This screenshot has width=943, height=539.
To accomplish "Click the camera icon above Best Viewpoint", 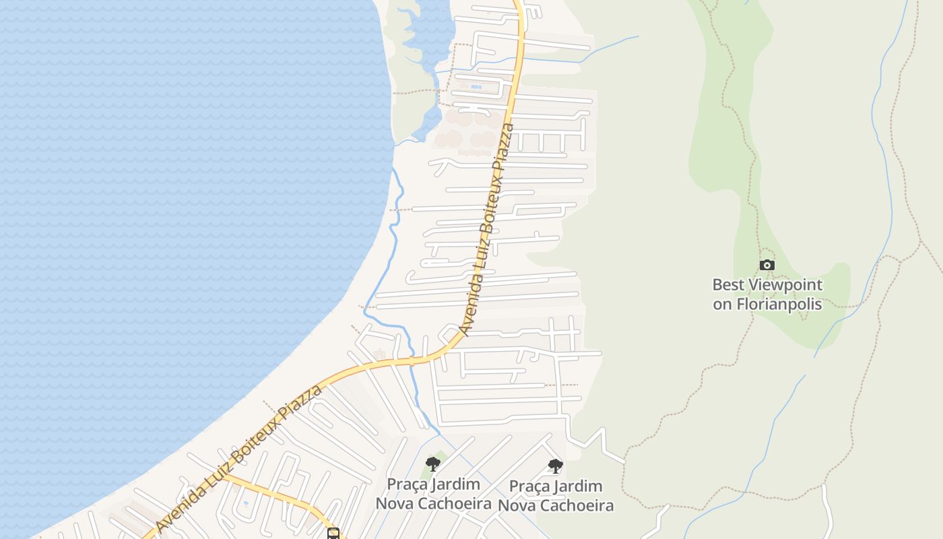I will point(767,265).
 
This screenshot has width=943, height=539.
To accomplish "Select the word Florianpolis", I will point(779,304).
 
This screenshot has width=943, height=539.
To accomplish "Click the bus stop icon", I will point(333,534).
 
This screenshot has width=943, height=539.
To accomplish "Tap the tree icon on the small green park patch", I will point(433,464).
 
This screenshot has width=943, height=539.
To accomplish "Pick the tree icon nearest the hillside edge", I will point(555,466).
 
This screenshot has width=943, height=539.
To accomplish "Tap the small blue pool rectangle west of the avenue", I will point(476,87).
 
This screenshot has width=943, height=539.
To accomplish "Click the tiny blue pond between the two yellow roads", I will point(245,503).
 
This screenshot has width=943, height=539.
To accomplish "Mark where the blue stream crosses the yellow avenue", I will point(412,360).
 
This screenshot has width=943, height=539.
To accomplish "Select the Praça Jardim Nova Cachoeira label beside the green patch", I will point(433,493).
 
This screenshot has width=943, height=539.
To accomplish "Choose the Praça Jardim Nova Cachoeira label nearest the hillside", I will point(556,495).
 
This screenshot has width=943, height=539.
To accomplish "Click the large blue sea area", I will point(168,202).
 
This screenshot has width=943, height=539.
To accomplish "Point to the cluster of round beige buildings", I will point(465,131).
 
